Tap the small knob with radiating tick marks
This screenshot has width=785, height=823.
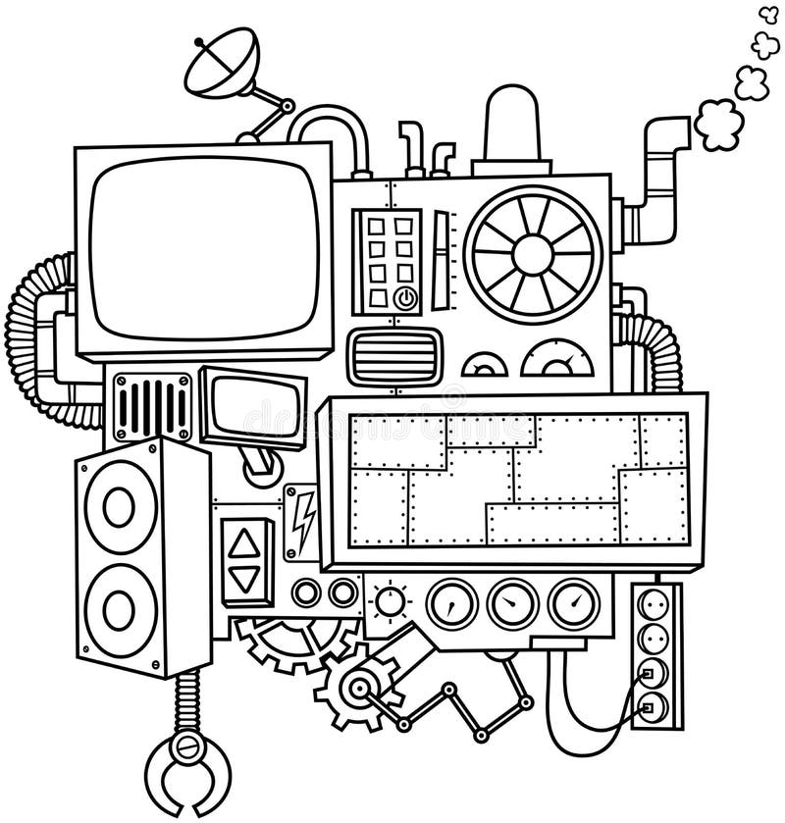pyautogui.click(x=392, y=600)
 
